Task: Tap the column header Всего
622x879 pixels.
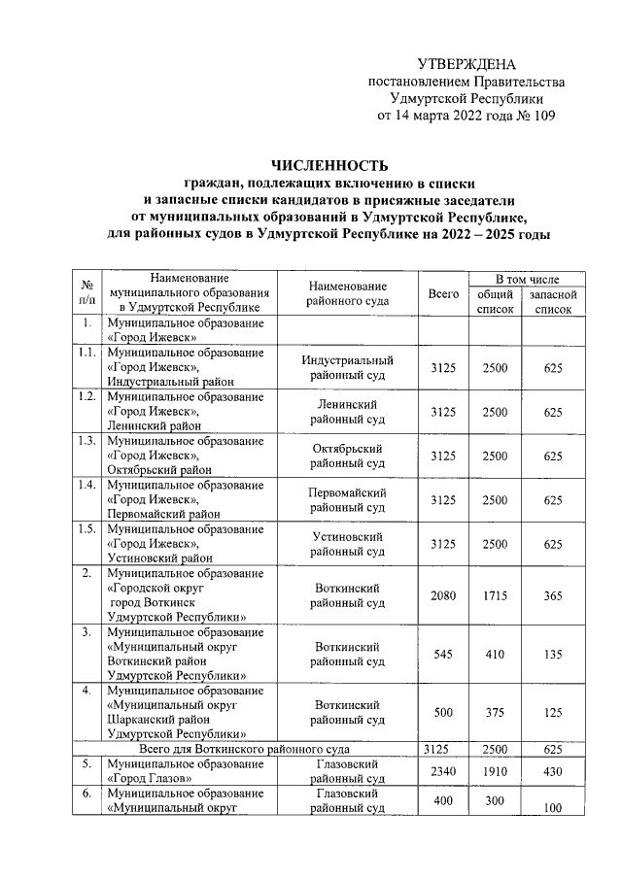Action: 443,293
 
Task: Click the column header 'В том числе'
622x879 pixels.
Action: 527,278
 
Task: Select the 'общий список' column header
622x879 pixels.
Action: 495,301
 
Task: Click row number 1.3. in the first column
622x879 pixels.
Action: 86,441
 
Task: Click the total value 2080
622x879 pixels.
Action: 443,594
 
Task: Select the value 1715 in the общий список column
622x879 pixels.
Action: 495,594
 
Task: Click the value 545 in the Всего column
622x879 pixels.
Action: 443,654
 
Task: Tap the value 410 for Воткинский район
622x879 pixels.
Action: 495,654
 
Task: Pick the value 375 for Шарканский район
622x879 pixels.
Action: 495,713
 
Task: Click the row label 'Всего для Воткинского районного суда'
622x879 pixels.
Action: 244,749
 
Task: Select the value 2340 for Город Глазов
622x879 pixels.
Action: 443,771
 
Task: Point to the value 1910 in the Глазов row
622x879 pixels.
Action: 495,771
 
